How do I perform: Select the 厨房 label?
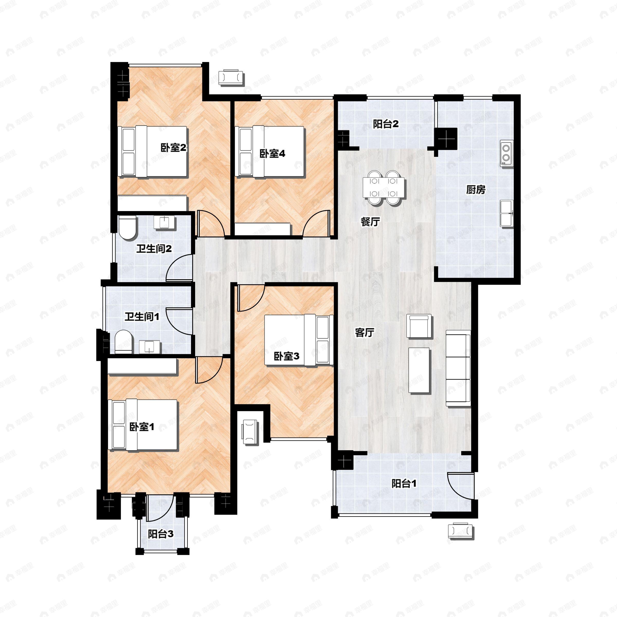click(476, 190)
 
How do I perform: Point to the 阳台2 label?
click(386, 124)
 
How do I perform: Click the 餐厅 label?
click(370, 222)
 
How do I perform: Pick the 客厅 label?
click(364, 332)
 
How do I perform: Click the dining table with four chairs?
click(383, 188)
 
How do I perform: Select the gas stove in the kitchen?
click(506, 153)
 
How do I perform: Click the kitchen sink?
click(506, 213)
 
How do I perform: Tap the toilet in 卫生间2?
click(128, 228)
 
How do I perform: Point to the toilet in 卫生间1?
click(123, 342)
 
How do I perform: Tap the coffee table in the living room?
click(419, 370)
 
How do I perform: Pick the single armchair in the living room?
click(419, 326)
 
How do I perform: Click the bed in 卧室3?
click(299, 340)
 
